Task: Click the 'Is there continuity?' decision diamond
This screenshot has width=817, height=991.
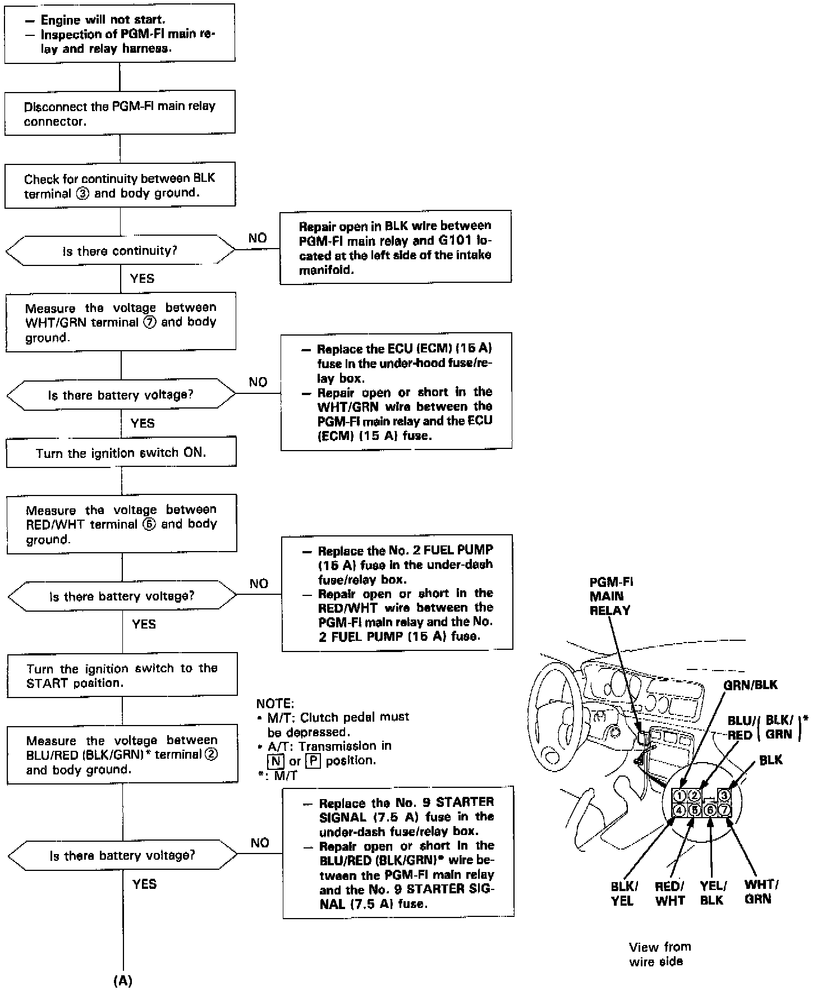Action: tap(120, 251)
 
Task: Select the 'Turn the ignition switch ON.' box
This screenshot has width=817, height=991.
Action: tap(121, 453)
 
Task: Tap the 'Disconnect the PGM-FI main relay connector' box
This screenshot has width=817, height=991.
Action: tap(120, 113)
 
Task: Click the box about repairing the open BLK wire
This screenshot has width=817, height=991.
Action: tap(396, 247)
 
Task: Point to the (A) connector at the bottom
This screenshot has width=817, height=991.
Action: tap(123, 980)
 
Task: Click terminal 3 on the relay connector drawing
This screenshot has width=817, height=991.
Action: tap(724, 795)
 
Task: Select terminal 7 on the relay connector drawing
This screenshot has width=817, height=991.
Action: tap(724, 810)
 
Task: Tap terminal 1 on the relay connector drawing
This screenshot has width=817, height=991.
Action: tap(679, 795)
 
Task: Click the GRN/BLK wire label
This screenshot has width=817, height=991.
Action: tap(750, 685)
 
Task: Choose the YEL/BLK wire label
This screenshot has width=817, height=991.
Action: tap(713, 893)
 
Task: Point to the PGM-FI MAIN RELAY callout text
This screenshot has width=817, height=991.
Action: tap(611, 596)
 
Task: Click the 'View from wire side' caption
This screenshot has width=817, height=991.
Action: tap(659, 954)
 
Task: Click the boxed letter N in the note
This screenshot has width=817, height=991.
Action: tap(275, 761)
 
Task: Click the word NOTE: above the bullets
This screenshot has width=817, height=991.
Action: tap(275, 703)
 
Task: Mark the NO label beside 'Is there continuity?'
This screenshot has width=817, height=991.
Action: tap(258, 238)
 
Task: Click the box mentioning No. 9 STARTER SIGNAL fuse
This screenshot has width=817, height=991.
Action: tap(398, 852)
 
